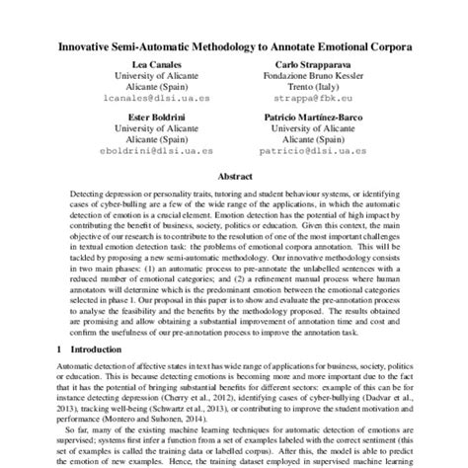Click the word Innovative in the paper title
[x=89, y=46]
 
